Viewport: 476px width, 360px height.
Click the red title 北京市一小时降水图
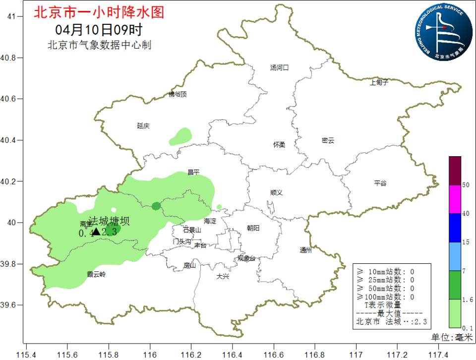98,12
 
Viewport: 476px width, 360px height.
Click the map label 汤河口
279,67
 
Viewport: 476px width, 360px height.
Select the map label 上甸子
379,82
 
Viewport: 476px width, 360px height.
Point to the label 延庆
143,126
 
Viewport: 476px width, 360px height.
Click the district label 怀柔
279,145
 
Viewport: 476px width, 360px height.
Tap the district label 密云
328,141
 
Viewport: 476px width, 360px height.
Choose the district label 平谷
380,183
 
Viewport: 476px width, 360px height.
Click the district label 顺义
276,192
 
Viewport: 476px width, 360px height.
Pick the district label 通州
306,250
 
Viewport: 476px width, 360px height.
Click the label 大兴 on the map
223,276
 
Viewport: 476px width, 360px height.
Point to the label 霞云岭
96,274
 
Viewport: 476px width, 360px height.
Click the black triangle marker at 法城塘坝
96,231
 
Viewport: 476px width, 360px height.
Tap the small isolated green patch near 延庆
180,136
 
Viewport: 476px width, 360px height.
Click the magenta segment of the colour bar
455,199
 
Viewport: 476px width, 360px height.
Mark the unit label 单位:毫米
450,337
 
